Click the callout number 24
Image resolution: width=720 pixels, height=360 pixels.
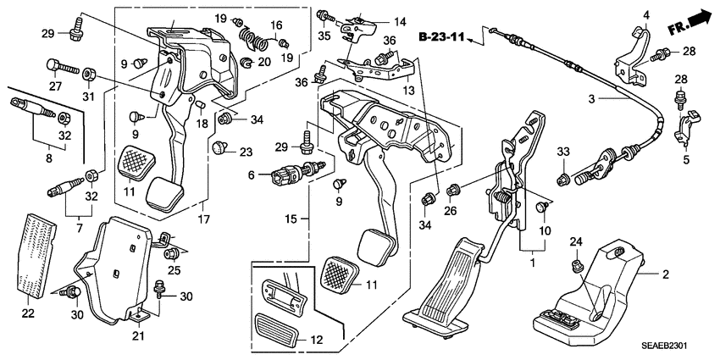[x=576, y=244]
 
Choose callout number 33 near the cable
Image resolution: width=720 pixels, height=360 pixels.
[x=562, y=153]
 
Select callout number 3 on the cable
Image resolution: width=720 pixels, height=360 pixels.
[x=594, y=99]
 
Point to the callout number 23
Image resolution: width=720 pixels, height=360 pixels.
[x=245, y=152]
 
